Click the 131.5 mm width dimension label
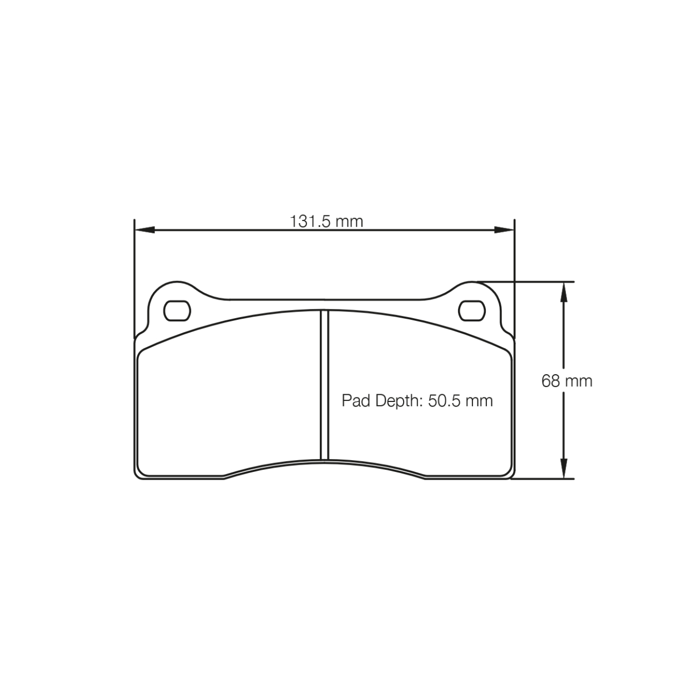[326, 221]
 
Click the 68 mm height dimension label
[567, 381]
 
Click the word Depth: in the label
[397, 400]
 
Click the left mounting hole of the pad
[177, 311]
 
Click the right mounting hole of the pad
[472, 311]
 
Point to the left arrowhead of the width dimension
[144, 230]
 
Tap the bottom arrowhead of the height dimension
[563, 469]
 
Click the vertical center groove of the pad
[324, 386]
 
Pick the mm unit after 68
[578, 381]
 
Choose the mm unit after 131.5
[349, 221]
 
